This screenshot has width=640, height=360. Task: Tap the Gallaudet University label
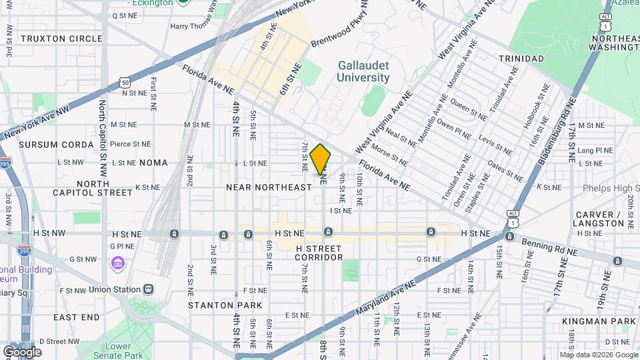tap(363, 71)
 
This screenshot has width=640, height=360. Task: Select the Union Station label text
tap(113, 290)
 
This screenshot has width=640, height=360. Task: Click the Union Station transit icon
tap(148, 290)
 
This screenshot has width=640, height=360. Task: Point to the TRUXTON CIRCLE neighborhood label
tap(61, 39)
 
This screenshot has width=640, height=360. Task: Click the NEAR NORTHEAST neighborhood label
tap(269, 187)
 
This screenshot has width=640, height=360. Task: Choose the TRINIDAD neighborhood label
tap(521, 59)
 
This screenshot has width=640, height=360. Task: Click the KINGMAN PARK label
tap(599, 321)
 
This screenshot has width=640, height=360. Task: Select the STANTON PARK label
tap(216, 305)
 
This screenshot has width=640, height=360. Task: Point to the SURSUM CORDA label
tap(56, 145)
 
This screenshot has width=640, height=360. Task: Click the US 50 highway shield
tap(125, 82)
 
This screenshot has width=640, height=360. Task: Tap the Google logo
tap(22, 352)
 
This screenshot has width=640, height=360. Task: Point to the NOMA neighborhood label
tap(154, 163)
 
